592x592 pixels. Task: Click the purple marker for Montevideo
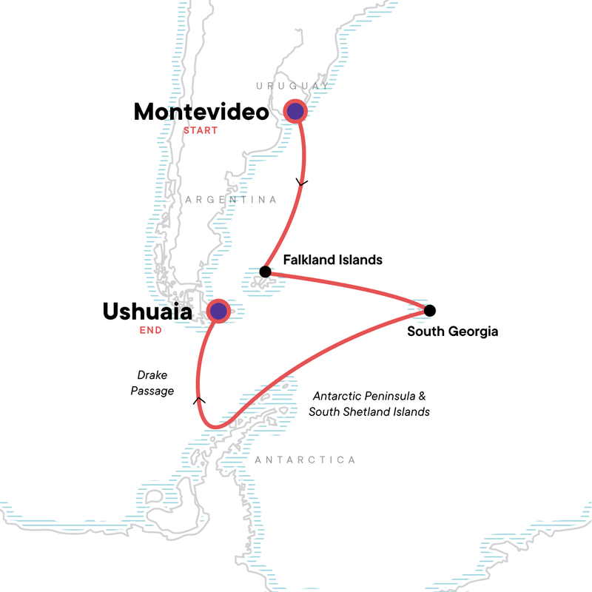[x=296, y=112]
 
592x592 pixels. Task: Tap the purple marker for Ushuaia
[x=218, y=312]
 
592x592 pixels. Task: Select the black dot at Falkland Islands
[x=265, y=272]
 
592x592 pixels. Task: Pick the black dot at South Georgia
[x=429, y=310]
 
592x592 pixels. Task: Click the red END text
[x=151, y=331]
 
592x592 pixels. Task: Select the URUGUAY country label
[x=292, y=87]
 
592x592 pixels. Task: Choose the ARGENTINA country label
[x=231, y=200]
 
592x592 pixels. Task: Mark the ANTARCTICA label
[x=305, y=460]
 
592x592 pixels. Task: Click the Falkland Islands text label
[x=333, y=260]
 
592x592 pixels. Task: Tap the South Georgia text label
[x=453, y=332]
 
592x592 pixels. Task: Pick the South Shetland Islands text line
[x=369, y=411]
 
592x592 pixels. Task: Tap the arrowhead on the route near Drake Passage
[x=198, y=400]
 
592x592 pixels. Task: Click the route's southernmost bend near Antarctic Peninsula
[x=213, y=425]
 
